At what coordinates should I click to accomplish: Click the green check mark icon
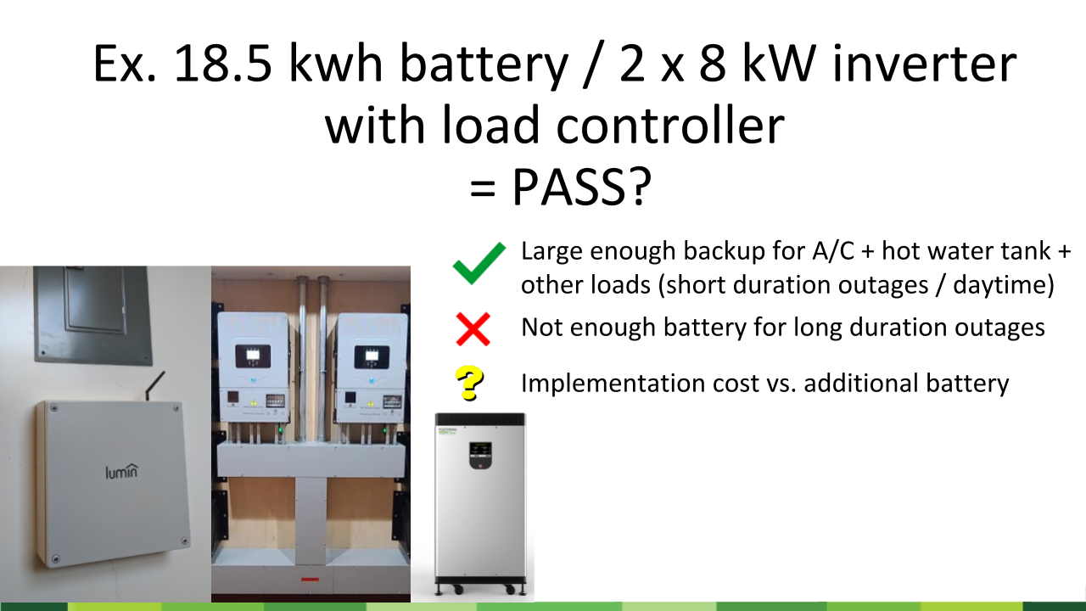480,264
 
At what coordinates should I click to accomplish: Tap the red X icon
473,328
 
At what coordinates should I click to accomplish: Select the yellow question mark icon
469,384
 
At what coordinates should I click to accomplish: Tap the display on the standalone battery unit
481,450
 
